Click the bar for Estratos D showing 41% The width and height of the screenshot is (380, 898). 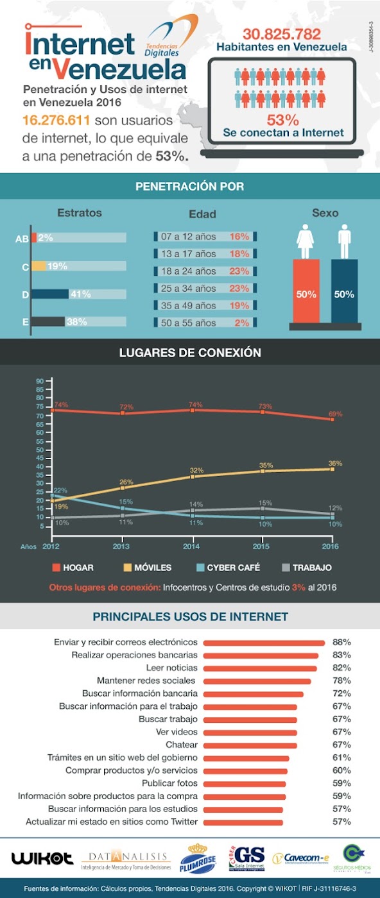pyautogui.click(x=50, y=294)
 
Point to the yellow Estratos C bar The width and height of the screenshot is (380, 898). pyautogui.click(x=39, y=266)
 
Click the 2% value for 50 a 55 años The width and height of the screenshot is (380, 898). pyautogui.click(x=241, y=323)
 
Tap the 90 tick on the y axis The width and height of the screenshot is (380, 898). pyautogui.click(x=39, y=382)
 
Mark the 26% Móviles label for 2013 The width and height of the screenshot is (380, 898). pyautogui.click(x=125, y=482)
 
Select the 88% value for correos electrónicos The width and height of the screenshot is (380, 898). pyautogui.click(x=341, y=642)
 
